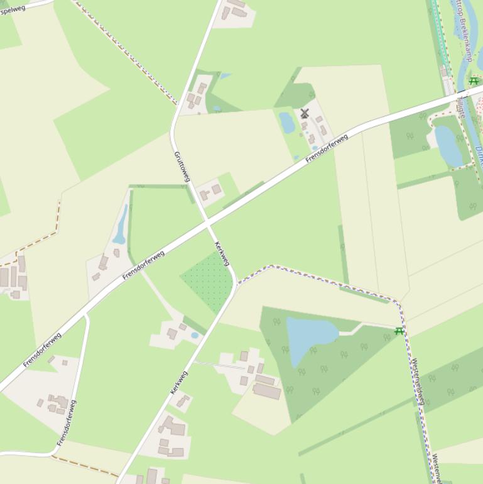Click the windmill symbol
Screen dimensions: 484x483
click(305, 114)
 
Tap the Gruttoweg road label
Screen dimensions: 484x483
click(181, 166)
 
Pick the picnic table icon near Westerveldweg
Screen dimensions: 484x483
click(399, 331)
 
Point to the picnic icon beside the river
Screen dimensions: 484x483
click(474, 81)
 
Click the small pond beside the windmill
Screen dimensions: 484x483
click(287, 123)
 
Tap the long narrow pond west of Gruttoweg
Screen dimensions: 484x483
click(120, 224)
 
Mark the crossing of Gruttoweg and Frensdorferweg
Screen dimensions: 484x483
click(207, 222)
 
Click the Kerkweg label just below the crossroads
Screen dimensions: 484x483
click(222, 253)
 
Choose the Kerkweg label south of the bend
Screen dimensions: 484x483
click(179, 383)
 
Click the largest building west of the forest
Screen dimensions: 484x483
click(267, 391)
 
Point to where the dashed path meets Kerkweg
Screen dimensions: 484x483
click(236, 285)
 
